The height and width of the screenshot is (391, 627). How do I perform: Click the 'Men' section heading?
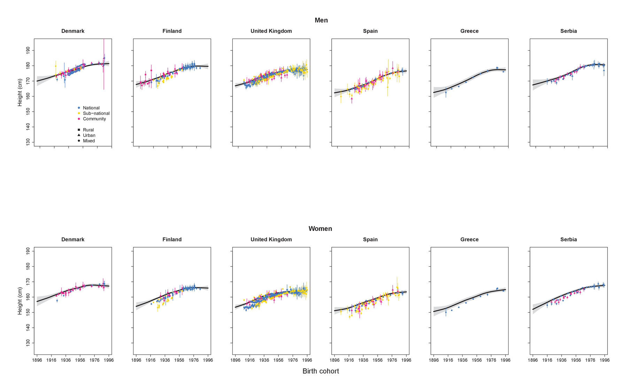tap(321, 20)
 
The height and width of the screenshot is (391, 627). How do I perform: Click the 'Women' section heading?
tap(320, 229)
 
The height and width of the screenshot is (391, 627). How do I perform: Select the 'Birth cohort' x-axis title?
tap(320, 371)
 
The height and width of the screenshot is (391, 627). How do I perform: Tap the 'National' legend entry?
tap(91, 108)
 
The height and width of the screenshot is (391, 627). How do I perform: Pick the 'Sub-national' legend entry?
tap(96, 114)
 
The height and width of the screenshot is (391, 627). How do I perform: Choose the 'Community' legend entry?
tap(94, 119)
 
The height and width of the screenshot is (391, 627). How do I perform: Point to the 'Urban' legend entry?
tap(89, 135)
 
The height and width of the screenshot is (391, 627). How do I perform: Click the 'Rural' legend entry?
tap(88, 130)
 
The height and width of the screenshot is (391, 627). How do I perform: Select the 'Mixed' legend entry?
tap(89, 141)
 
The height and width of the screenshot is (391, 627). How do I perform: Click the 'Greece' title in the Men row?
tap(469, 31)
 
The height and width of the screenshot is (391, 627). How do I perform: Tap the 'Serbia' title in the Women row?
tap(568, 240)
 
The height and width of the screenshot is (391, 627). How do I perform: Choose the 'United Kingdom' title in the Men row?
tap(271, 31)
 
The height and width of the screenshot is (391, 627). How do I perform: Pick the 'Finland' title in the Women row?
tap(172, 240)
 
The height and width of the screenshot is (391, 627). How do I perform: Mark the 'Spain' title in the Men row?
tap(370, 31)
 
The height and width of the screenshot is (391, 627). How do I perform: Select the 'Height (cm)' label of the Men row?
tap(20, 92)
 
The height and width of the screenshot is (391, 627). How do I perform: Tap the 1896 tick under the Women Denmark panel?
tap(37, 360)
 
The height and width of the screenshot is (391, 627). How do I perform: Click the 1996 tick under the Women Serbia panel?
tap(604, 360)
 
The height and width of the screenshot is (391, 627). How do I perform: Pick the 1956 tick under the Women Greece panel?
tap(477, 360)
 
